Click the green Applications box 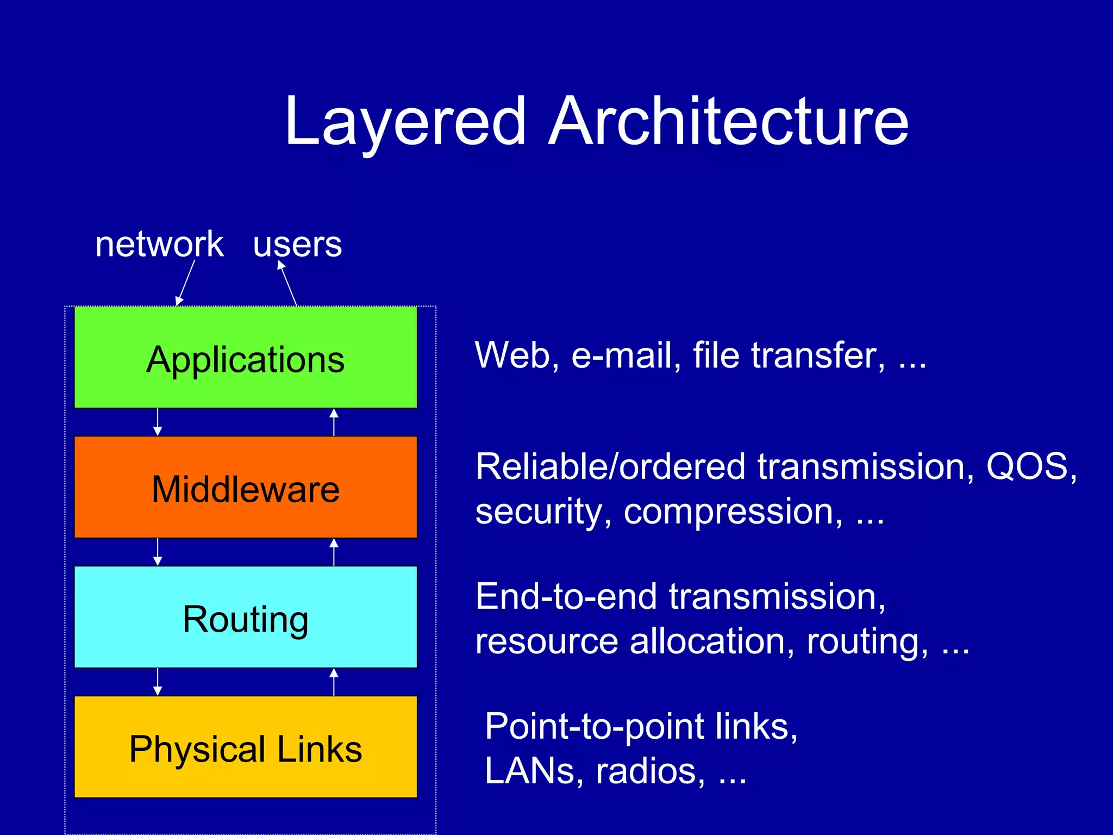pyautogui.click(x=246, y=357)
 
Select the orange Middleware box pyautogui.click(x=246, y=487)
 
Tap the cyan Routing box pyautogui.click(x=246, y=617)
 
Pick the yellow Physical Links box pyautogui.click(x=246, y=747)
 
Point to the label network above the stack pyautogui.click(x=159, y=244)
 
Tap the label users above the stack pyautogui.click(x=297, y=244)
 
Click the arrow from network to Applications pyautogui.click(x=185, y=283)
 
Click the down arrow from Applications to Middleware pyautogui.click(x=158, y=422)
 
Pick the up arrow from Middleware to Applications pyautogui.click(x=334, y=422)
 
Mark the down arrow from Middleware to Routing pyautogui.click(x=158, y=552)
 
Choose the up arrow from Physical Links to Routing pyautogui.click(x=334, y=682)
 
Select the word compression pyautogui.click(x=733, y=512)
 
